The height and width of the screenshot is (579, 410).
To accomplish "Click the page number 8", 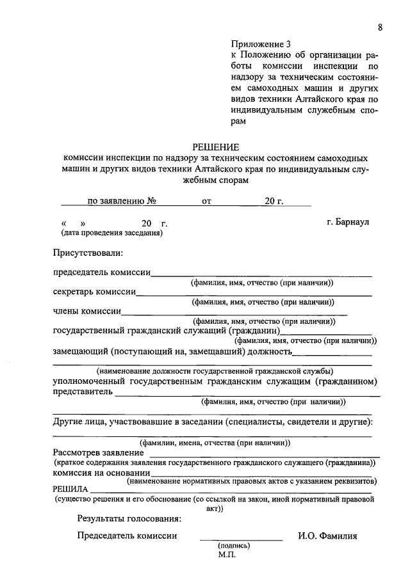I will click(x=380, y=27).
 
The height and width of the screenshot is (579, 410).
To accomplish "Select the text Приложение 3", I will click(x=261, y=45).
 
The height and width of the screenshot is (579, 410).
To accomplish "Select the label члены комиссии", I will click(x=87, y=312).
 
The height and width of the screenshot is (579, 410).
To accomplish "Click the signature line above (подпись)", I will click(x=240, y=540).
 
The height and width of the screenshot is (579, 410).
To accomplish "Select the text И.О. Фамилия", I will click(x=327, y=536).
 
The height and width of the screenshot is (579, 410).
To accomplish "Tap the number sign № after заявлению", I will click(x=152, y=201).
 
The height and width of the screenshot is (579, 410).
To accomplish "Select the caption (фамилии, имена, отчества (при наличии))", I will click(x=215, y=442).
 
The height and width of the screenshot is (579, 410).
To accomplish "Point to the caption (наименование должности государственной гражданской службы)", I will click(x=215, y=371).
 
